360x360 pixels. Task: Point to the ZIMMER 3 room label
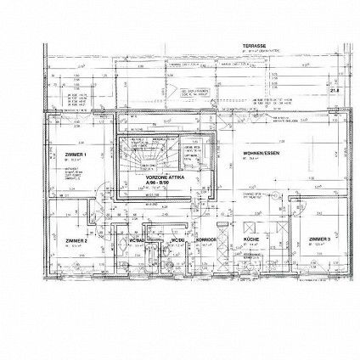pyautogui.click(x=320, y=240)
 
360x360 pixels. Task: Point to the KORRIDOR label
pyautogui.click(x=205, y=240)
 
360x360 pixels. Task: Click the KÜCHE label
pyautogui.click(x=251, y=240)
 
